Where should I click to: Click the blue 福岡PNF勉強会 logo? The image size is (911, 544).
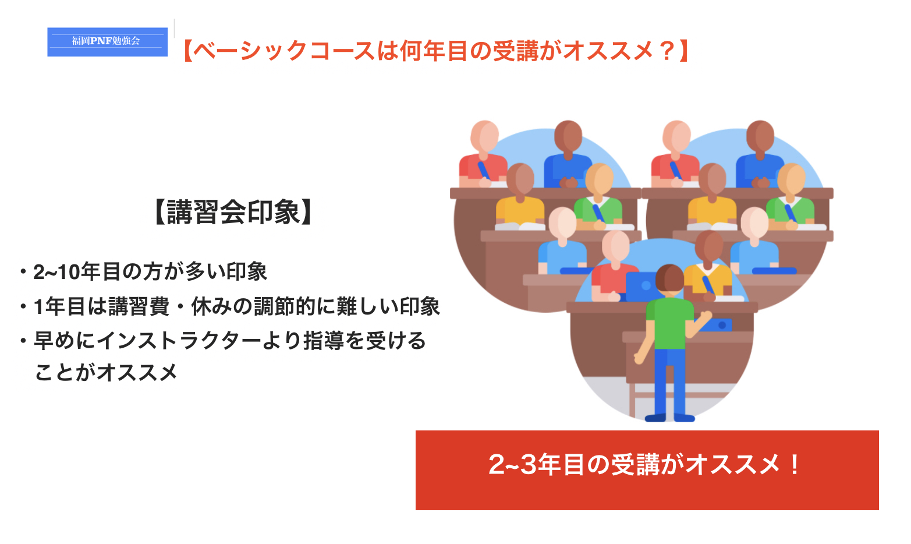(x=107, y=42)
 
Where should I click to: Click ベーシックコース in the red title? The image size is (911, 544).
(x=284, y=51)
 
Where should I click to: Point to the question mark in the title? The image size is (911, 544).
(x=667, y=51)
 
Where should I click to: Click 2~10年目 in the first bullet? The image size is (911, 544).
(x=67, y=272)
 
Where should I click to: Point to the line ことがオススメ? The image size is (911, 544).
(x=106, y=372)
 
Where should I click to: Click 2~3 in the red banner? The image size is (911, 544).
(x=512, y=465)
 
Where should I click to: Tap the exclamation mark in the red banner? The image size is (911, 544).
(x=794, y=465)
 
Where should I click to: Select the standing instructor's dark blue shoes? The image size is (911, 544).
(x=670, y=418)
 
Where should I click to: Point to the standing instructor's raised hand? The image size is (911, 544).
(x=706, y=316)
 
